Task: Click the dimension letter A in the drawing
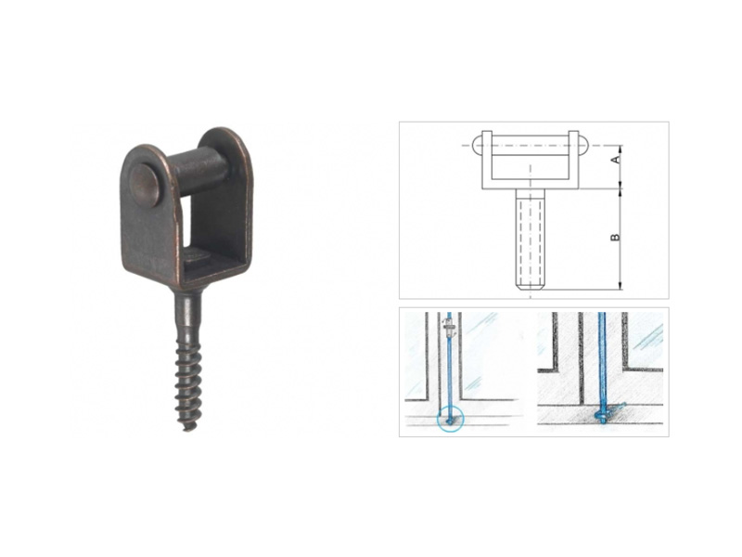pyautogui.click(x=616, y=160)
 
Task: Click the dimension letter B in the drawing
pyautogui.click(x=615, y=237)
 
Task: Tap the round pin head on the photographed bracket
pyautogui.click(x=145, y=187)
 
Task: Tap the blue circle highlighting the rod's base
pyautogui.click(x=450, y=420)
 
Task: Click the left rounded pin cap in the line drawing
pyautogui.click(x=478, y=145)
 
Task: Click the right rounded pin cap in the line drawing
pyautogui.click(x=583, y=145)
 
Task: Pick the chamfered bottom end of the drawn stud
pyautogui.click(x=531, y=287)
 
